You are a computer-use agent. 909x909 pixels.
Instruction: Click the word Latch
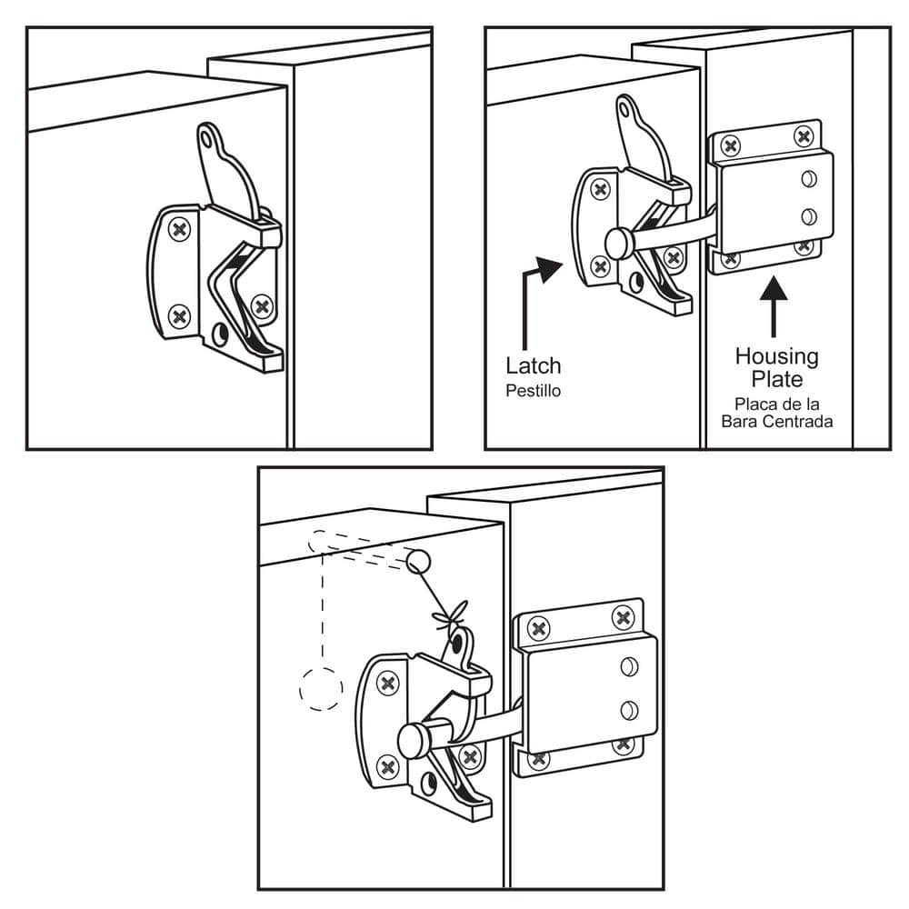(x=533, y=366)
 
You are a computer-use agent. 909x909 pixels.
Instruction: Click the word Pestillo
(x=533, y=393)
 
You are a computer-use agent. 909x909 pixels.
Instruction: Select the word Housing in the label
(x=776, y=355)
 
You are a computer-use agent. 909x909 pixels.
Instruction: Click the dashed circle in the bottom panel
(x=320, y=688)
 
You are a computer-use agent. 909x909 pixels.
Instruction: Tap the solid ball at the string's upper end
(x=417, y=561)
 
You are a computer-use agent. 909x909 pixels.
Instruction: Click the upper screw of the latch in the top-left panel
(x=180, y=230)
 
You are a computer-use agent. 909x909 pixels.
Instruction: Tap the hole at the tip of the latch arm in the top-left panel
(x=210, y=139)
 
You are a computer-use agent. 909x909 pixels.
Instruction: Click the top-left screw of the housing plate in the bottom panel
(x=538, y=627)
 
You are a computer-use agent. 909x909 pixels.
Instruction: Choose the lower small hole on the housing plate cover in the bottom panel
(x=627, y=709)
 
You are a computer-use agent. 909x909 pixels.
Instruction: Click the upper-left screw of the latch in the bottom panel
(x=389, y=684)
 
